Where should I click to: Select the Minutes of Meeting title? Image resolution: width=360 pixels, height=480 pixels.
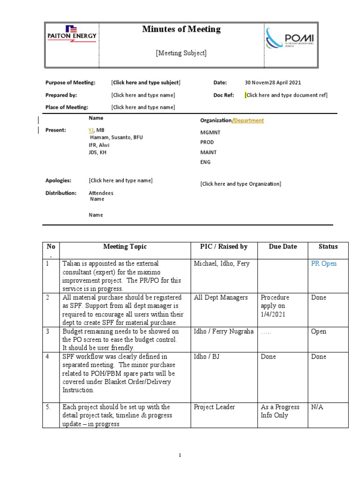pos(181,30)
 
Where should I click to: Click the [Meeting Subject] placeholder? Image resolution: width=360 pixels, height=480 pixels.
pos(181,53)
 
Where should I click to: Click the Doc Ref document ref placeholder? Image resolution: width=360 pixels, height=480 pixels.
pos(286,95)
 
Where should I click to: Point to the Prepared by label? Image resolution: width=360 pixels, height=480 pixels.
pos(61,95)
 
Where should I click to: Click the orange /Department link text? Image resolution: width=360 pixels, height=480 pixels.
pos(248,120)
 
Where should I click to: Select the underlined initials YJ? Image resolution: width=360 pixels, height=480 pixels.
pos(91,130)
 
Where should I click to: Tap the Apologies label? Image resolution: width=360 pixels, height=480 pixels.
pos(58,180)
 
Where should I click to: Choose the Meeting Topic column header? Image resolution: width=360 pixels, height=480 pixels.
pos(125,247)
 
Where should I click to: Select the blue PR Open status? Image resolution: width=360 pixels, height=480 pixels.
pos(324,263)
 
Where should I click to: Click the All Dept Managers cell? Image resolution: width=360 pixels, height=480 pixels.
pos(221,298)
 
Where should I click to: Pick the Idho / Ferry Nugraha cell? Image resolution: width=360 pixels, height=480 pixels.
pos(224,332)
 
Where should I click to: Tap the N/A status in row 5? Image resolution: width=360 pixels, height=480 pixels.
pos(317,407)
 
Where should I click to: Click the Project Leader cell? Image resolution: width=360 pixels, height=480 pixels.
pos(214,407)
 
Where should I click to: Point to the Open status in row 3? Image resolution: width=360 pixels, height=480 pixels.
pos(319,332)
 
